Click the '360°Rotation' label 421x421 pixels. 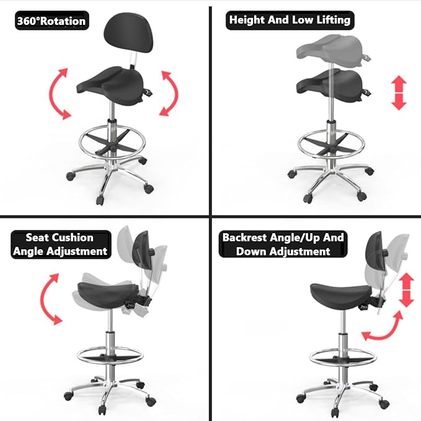click(52, 20)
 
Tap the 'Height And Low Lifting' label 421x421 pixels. click(290, 20)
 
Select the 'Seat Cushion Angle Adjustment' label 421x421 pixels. click(61, 244)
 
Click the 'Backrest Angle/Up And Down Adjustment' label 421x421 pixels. click(283, 244)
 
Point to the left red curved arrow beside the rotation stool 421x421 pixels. click(55, 94)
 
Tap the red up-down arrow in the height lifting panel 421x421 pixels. click(399, 93)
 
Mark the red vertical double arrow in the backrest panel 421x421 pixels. click(406, 290)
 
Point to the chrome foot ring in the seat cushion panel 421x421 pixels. click(110, 355)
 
